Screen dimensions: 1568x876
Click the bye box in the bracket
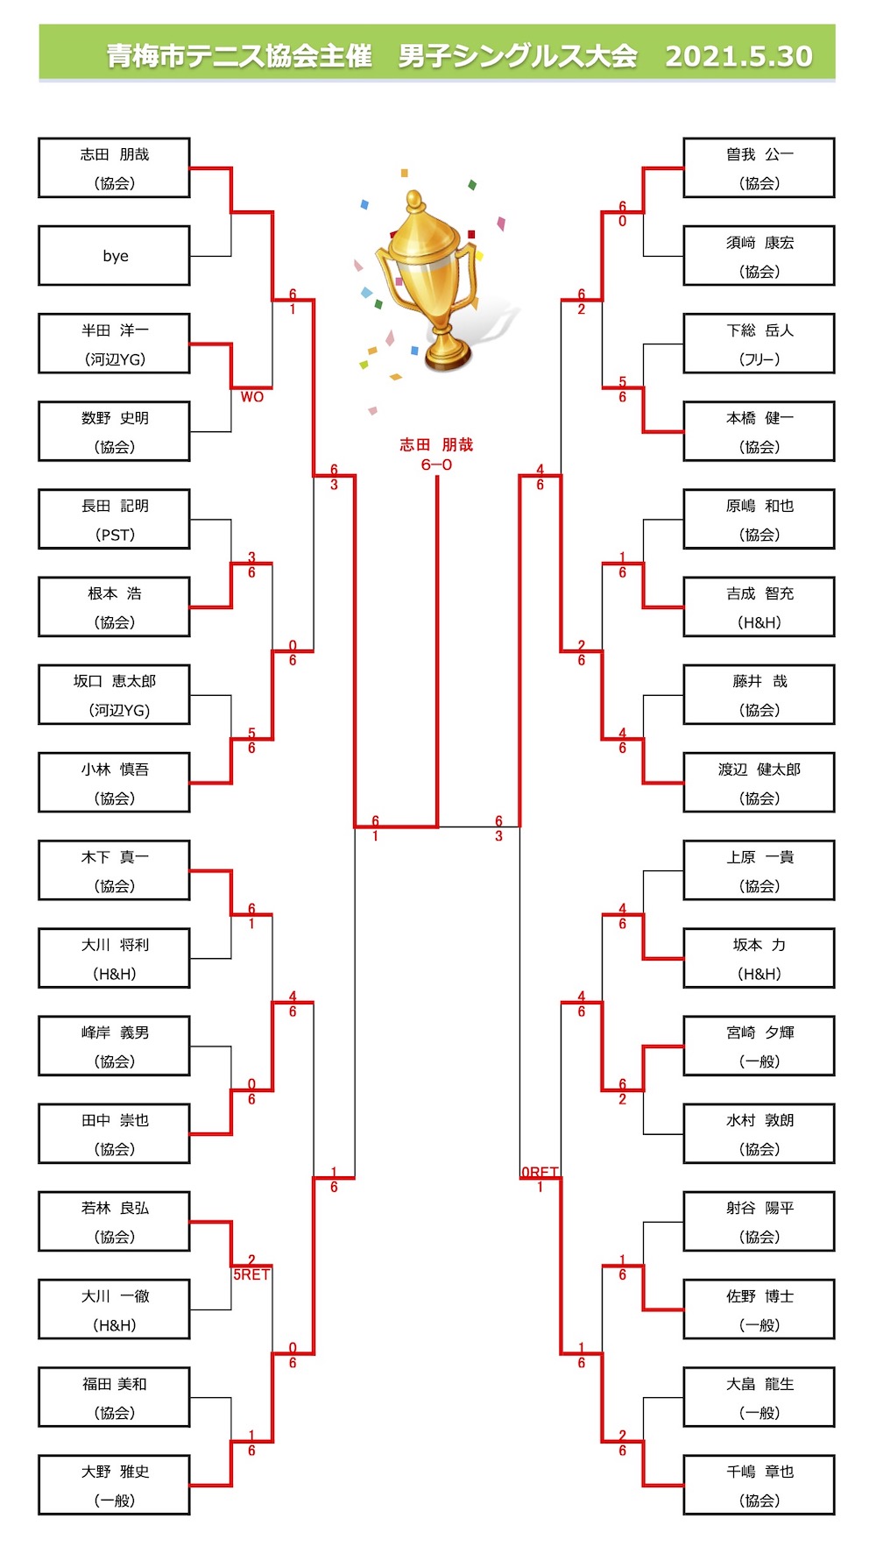coord(115,256)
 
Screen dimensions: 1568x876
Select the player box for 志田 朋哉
coord(115,167)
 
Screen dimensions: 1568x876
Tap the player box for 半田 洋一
coord(115,344)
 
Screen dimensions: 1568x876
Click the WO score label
coord(252,397)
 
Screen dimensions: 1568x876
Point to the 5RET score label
coord(251,1274)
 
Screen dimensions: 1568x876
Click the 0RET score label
coord(540,1172)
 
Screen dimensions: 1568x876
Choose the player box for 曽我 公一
coord(759,167)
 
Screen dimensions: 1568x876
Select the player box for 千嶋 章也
coord(759,1485)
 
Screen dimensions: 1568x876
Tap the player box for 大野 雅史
coord(115,1485)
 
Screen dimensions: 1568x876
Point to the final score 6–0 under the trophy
coord(436,465)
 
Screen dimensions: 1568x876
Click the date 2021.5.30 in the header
coord(738,56)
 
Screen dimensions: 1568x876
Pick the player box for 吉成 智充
coord(759,607)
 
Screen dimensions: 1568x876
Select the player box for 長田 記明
coord(115,519)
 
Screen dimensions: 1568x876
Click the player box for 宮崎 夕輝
coord(759,1046)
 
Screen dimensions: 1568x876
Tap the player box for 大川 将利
coord(115,958)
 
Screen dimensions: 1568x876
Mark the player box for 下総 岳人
coord(759,344)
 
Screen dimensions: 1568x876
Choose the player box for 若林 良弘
coord(115,1221)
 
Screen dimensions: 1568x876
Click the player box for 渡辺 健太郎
coord(759,783)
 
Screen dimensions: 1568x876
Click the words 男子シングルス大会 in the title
coord(517,56)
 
